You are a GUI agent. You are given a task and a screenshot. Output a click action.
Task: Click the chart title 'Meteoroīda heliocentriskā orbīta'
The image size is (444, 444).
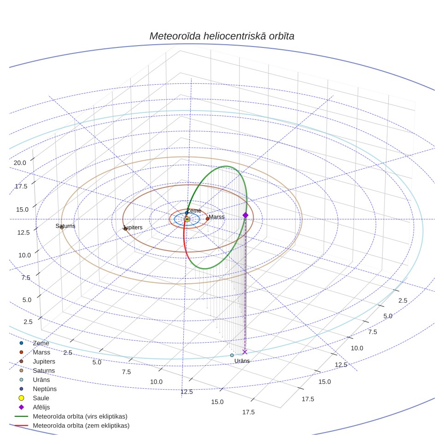click(x=222, y=36)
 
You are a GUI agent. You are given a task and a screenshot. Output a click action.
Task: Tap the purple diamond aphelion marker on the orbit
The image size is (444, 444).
click(x=245, y=216)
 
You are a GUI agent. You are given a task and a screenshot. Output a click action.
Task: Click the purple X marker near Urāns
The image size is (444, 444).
click(x=245, y=352)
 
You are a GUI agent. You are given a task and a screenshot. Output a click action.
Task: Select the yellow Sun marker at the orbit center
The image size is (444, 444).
click(x=187, y=219)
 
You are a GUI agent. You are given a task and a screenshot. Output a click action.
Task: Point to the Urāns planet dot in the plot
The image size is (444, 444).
click(x=232, y=355)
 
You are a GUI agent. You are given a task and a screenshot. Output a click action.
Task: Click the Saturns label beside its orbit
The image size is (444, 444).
click(x=65, y=226)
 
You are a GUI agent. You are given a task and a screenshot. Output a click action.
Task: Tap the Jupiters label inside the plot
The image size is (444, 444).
click(x=133, y=228)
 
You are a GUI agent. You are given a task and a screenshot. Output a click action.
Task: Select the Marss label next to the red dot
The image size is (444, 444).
click(x=216, y=217)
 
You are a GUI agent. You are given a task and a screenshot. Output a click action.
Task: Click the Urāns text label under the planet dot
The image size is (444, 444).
click(x=242, y=361)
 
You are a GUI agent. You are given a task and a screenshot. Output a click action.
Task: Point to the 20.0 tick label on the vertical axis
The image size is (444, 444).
click(x=20, y=163)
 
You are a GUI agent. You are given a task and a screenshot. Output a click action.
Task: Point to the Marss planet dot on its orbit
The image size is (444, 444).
click(x=208, y=219)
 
